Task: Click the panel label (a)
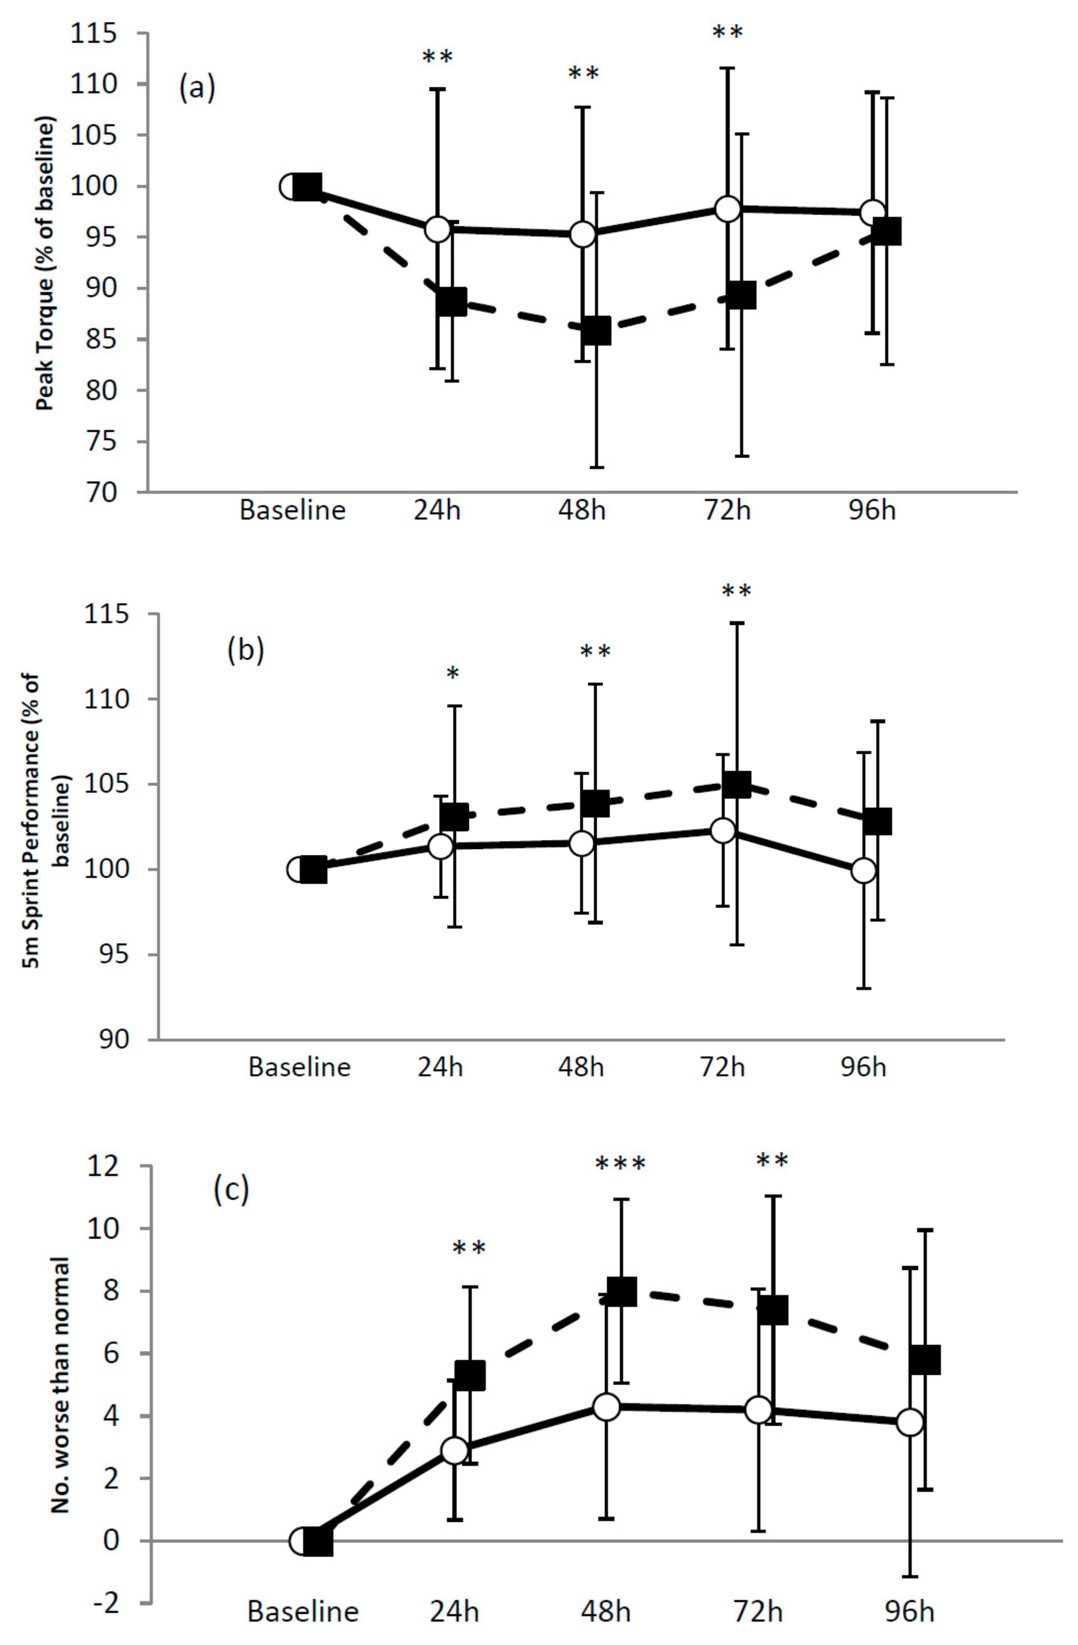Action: pyautogui.click(x=197, y=89)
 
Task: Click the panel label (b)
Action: pyautogui.click(x=245, y=651)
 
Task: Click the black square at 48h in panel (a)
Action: pyautogui.click(x=596, y=331)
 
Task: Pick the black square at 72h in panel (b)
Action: pyautogui.click(x=736, y=785)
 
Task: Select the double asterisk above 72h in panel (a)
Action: pyautogui.click(x=728, y=32)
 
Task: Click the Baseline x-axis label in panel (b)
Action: pyautogui.click(x=299, y=1067)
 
